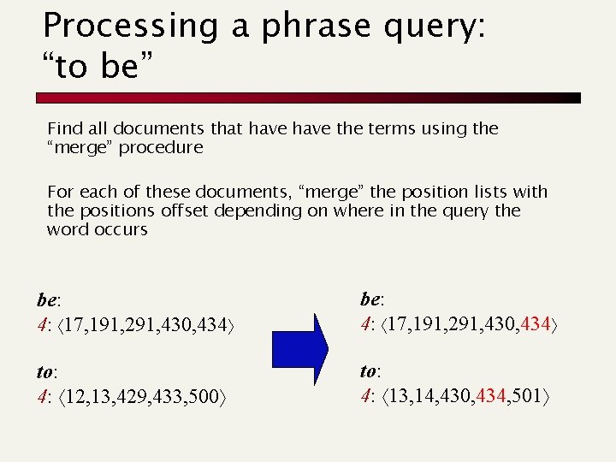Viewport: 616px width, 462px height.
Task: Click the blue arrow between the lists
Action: [x=299, y=349]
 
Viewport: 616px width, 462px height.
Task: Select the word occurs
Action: [x=121, y=229]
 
